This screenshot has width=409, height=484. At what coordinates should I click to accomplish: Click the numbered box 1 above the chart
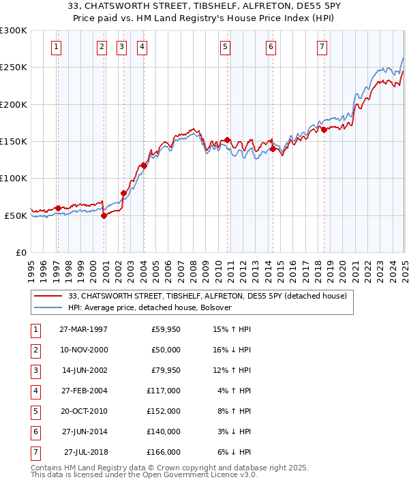click(x=55, y=47)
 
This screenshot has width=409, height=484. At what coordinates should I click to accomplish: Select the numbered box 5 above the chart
click(x=225, y=47)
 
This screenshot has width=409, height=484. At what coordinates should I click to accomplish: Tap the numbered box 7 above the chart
click(x=322, y=47)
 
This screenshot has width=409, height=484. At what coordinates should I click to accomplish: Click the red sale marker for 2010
click(x=227, y=140)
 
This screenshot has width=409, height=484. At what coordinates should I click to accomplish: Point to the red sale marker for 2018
click(x=324, y=130)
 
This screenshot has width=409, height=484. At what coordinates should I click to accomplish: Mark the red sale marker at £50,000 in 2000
click(x=104, y=215)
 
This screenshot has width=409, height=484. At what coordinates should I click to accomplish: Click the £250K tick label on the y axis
click(x=14, y=67)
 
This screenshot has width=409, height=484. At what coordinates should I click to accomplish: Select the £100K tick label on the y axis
click(x=14, y=179)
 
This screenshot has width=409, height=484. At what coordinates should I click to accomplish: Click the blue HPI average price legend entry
click(x=150, y=308)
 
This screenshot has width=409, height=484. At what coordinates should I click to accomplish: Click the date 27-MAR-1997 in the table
click(x=83, y=329)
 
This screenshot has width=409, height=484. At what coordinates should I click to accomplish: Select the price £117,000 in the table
click(x=164, y=391)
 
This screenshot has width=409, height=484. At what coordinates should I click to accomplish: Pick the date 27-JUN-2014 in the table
click(x=83, y=432)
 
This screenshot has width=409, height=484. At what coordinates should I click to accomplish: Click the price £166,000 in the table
click(x=164, y=452)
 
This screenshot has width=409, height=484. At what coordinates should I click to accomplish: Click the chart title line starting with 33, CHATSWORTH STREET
click(x=204, y=7)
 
